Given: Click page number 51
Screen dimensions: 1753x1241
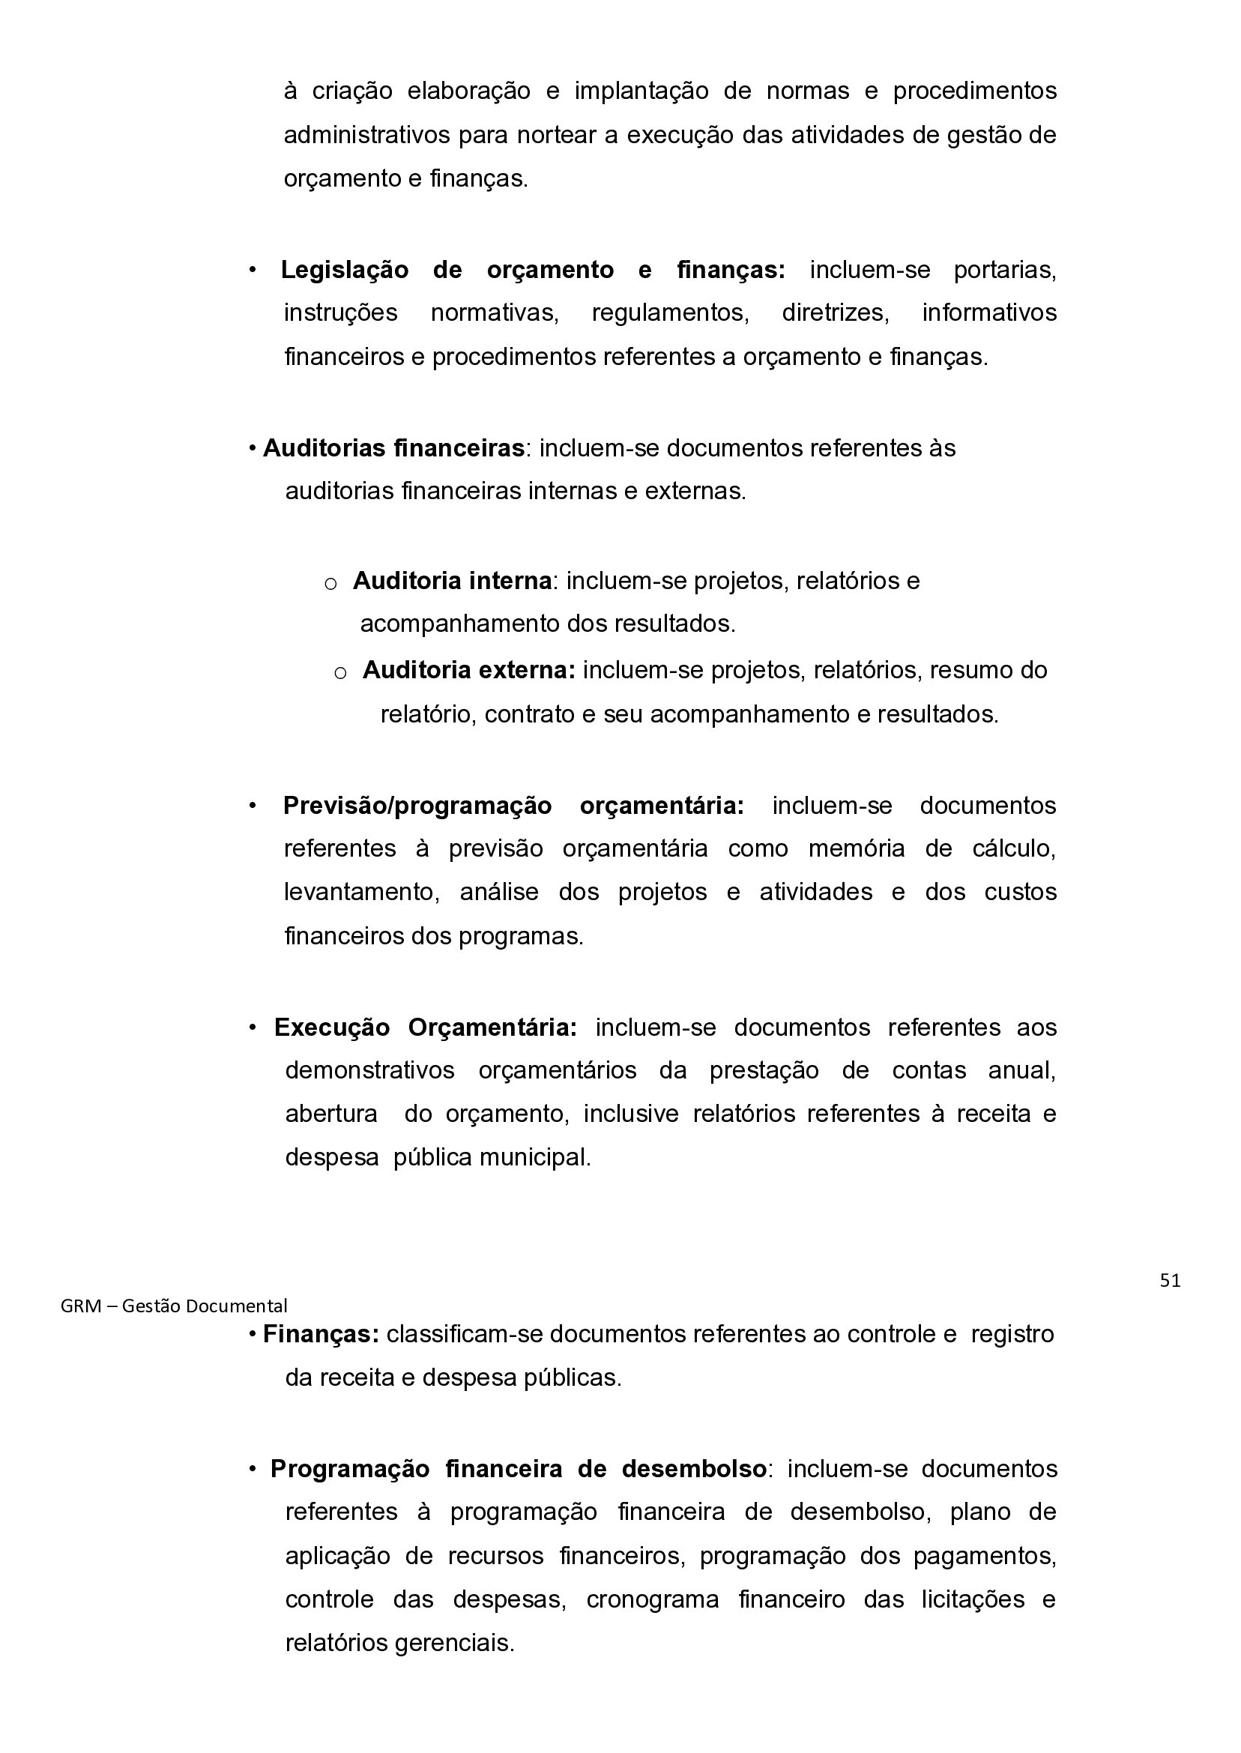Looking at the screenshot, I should pyautogui.click(x=1169, y=1281).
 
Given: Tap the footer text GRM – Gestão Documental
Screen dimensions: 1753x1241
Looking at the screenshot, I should pyautogui.click(x=173, y=1306).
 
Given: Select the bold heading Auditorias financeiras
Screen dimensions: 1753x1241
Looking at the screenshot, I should pyautogui.click(x=393, y=447).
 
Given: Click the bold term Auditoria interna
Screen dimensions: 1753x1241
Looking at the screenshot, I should pyautogui.click(x=452, y=581).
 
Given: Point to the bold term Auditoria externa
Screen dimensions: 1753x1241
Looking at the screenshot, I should pyautogui.click(x=468, y=670).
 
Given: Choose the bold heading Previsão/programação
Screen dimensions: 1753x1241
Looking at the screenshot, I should pyautogui.click(x=417, y=806).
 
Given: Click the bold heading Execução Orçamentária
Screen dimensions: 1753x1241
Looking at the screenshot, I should pyautogui.click(x=426, y=1027).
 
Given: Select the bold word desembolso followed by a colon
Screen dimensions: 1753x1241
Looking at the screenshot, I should pyautogui.click(x=694, y=1469).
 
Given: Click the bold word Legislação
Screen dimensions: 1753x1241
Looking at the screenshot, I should pyautogui.click(x=345, y=270).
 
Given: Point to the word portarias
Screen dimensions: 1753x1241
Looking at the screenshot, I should pyautogui.click(x=1004, y=270).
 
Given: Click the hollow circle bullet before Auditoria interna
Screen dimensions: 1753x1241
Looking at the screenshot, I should pyautogui.click(x=330, y=585).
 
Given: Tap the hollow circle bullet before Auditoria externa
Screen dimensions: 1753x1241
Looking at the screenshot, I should pyautogui.click(x=341, y=673).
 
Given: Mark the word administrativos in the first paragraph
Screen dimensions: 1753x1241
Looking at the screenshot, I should pyautogui.click(x=367, y=135).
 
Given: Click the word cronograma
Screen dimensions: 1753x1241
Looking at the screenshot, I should pyautogui.click(x=652, y=1599).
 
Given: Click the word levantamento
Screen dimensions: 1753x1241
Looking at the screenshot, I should pyautogui.click(x=360, y=892).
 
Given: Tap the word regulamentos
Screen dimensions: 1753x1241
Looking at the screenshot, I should pyautogui.click(x=670, y=313).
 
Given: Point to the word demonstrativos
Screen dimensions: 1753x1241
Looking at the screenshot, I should pyautogui.click(x=370, y=1069).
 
